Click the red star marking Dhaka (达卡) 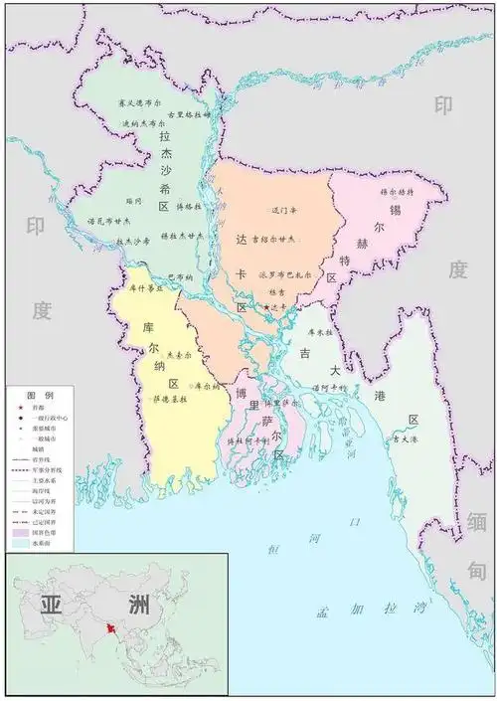(x=265, y=307)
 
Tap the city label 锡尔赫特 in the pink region (x=398, y=190)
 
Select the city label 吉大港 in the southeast (x=405, y=438)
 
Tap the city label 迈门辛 (x=285, y=211)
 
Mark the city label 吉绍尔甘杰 (x=273, y=239)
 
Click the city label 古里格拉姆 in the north (x=189, y=114)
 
